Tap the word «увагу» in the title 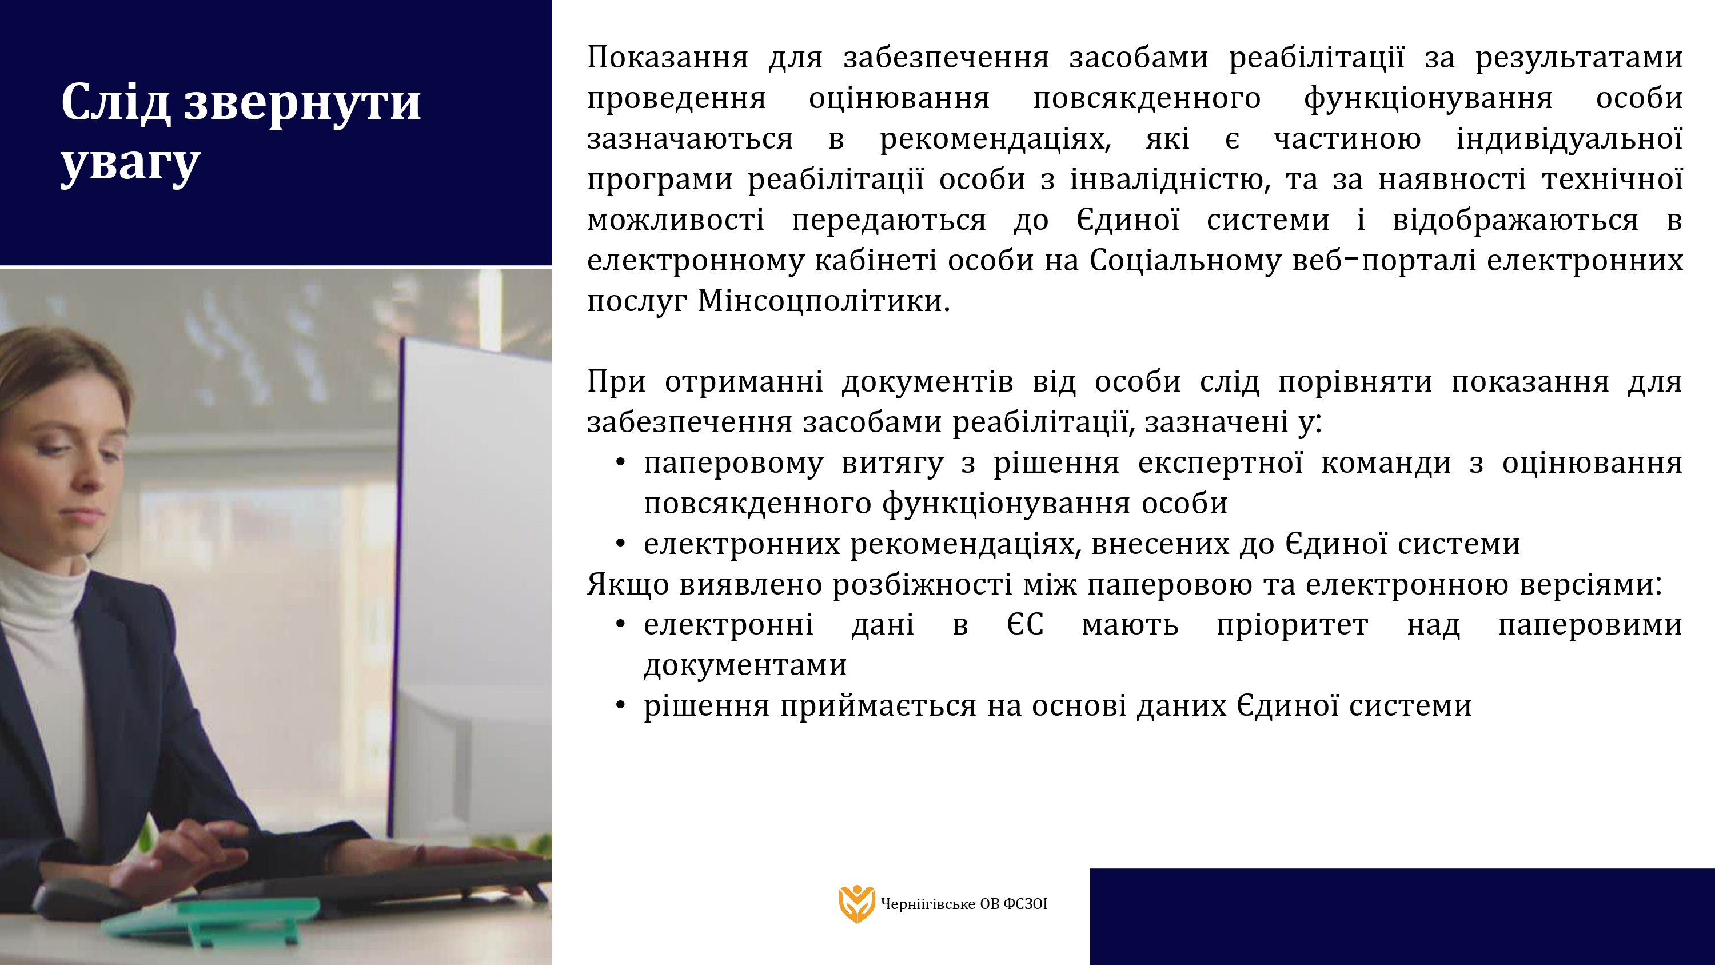point(130,164)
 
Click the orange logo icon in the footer point(856,904)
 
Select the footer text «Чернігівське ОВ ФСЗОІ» point(963,904)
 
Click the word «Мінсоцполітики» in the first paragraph point(823,301)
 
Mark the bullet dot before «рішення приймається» point(620,706)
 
